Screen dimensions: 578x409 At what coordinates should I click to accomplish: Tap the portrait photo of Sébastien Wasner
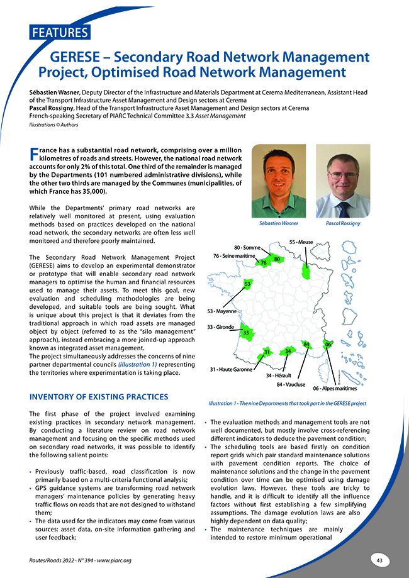tap(278, 181)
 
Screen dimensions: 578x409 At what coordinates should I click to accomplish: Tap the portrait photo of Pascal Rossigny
tap(342, 181)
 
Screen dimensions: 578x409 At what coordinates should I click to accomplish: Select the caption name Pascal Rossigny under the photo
tap(342, 223)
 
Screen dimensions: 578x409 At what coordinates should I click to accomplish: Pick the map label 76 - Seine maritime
tap(233, 256)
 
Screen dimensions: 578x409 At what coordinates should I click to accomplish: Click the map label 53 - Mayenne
tap(221, 311)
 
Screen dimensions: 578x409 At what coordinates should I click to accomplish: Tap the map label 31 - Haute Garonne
tap(231, 369)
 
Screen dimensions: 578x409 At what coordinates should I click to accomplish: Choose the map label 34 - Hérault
tap(277, 375)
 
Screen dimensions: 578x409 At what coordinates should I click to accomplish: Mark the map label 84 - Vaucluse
tap(291, 383)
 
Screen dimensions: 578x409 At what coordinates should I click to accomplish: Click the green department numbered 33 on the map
tap(247, 332)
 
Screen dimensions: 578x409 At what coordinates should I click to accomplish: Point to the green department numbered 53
tap(248, 286)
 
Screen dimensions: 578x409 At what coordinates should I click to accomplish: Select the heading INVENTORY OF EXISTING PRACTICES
tap(99, 397)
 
